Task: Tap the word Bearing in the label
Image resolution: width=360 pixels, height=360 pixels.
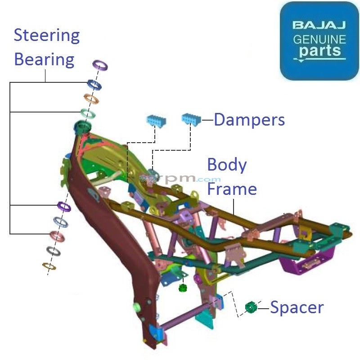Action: (44, 59)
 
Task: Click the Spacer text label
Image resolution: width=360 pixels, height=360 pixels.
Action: (297, 308)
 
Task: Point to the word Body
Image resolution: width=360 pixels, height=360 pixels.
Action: (227, 165)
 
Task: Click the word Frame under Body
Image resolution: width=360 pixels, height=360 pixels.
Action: (232, 189)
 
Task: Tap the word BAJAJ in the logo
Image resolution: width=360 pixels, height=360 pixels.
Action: (319, 25)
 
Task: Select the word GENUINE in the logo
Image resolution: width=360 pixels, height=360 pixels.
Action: (319, 39)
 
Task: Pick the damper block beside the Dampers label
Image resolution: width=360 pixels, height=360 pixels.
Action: (191, 120)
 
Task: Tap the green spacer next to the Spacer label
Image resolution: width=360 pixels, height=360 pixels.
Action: (251, 307)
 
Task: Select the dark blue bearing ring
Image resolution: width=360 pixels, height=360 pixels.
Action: (94, 85)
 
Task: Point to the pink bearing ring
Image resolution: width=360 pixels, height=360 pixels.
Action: (57, 235)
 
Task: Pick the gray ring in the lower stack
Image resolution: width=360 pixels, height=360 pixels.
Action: (53, 251)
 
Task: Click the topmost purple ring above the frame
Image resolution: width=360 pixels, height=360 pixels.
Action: (100, 65)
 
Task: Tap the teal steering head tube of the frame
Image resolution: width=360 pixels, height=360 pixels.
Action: (82, 126)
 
